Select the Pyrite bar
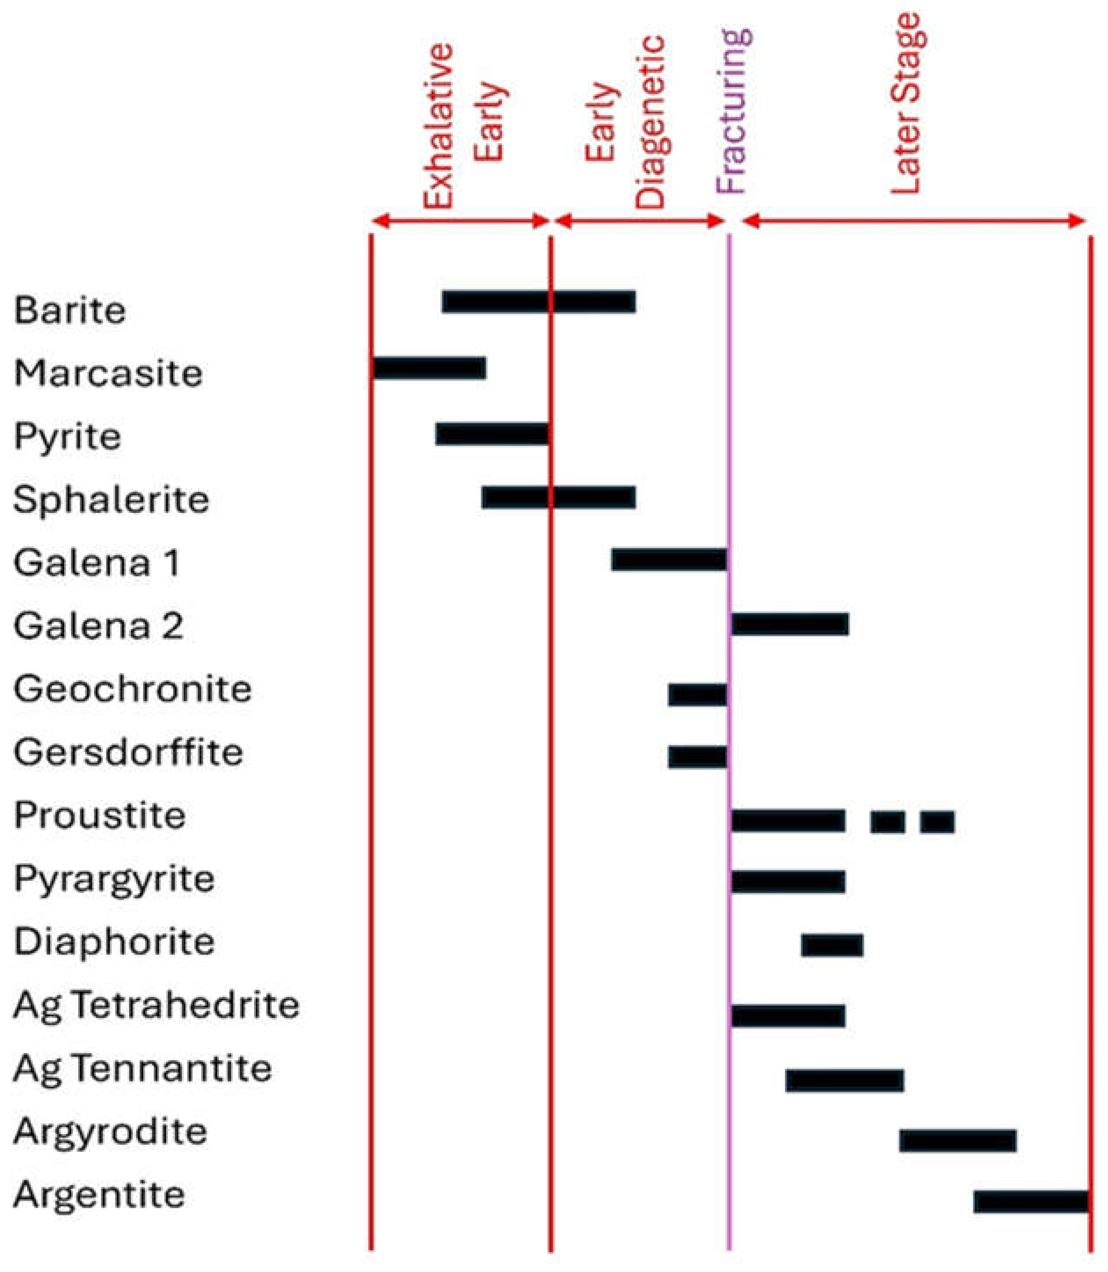click(492, 434)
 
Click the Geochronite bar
click(697, 695)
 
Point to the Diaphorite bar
click(832, 945)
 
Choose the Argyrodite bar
click(958, 1140)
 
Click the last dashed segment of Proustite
click(937, 822)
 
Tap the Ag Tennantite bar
click(845, 1080)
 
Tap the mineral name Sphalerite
click(111, 500)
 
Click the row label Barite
click(70, 310)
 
